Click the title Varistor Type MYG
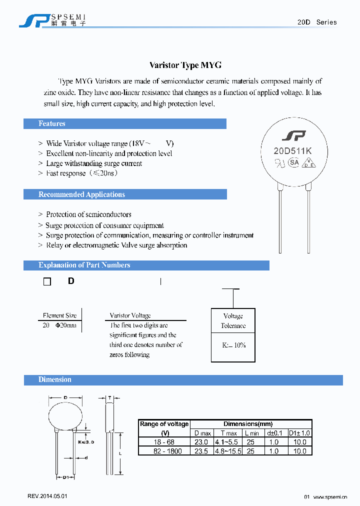[185, 65]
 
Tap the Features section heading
[52, 123]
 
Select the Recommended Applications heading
[81, 194]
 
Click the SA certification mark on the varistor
[294, 162]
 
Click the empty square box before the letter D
[47, 282]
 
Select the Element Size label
[59, 315]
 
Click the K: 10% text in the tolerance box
[233, 345]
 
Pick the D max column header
[202, 433]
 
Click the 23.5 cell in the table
[202, 450]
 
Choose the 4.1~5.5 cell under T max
[228, 442]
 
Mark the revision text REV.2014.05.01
[47, 496]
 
